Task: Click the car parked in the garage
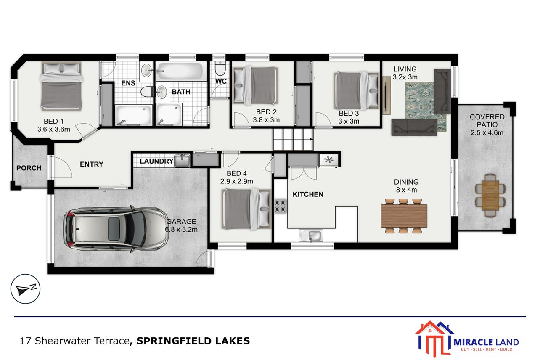[x=116, y=229]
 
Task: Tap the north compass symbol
[x=25, y=289]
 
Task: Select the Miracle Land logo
[x=467, y=339]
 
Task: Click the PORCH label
[x=29, y=168]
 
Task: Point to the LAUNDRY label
[x=156, y=161]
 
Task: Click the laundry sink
[x=182, y=161]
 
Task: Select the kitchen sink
[x=311, y=236]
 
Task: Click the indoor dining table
[x=404, y=216]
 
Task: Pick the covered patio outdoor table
[x=490, y=195]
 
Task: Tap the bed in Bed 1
[x=61, y=86]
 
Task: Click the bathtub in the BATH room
[x=181, y=71]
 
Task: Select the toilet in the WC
[x=220, y=69]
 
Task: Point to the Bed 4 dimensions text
[x=236, y=181]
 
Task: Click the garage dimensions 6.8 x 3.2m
[x=181, y=229]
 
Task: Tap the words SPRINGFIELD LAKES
[x=193, y=341]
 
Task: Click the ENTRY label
[x=92, y=164]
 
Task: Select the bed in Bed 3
[x=357, y=91]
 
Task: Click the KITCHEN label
[x=308, y=194]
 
